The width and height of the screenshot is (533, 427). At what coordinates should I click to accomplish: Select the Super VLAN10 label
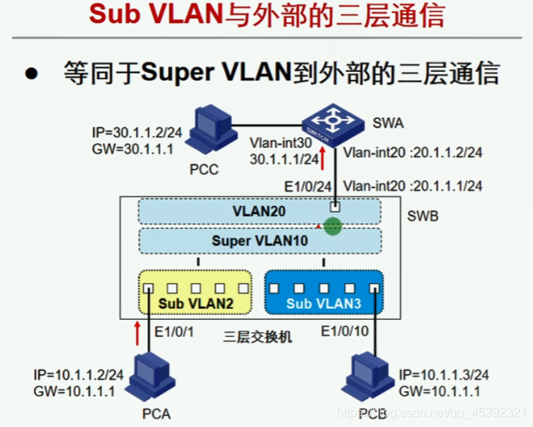(259, 241)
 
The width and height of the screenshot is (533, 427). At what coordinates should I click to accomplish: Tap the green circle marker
(334, 227)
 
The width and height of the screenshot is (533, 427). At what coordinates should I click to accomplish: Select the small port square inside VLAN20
(334, 207)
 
